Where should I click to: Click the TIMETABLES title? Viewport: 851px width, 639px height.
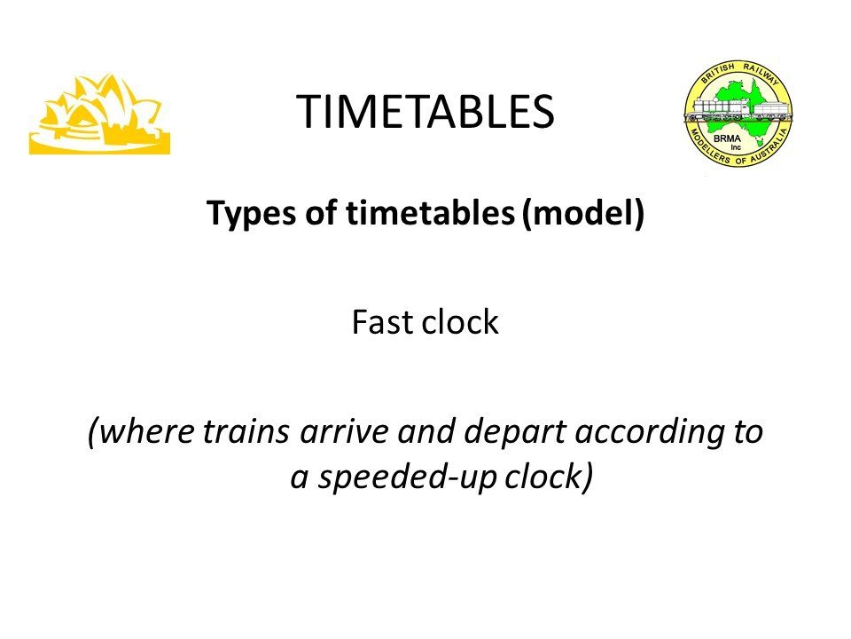pos(425,112)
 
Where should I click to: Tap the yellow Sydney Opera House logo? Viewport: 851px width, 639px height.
pos(100,114)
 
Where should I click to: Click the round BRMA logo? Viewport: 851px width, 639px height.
pos(738,113)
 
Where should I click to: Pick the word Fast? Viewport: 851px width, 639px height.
pos(383,321)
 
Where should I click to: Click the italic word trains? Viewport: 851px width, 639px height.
pos(246,432)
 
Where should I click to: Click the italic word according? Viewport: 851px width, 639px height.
pos(650,433)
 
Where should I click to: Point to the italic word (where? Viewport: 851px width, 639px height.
pos(141,432)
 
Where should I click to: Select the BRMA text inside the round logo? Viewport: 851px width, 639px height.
pos(727,138)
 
